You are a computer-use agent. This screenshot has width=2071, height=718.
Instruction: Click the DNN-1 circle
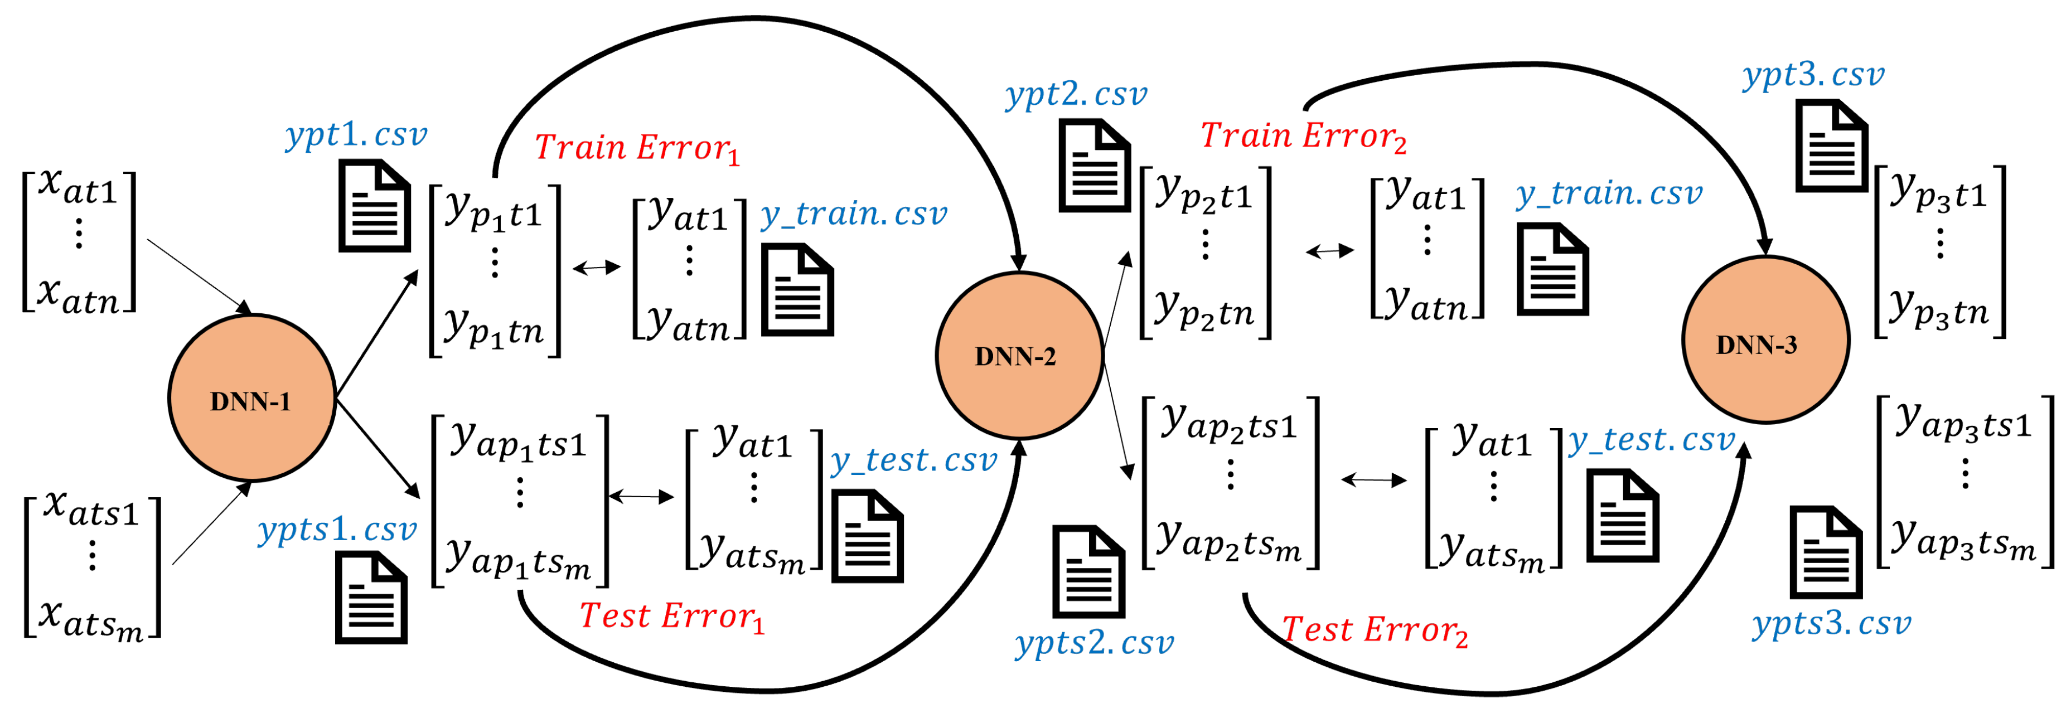click(x=251, y=399)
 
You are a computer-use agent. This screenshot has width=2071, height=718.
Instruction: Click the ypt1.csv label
click(x=356, y=135)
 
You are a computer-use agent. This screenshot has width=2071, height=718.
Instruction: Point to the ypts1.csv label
click(x=338, y=530)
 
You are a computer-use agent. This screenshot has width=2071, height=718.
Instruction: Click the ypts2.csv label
click(x=1094, y=643)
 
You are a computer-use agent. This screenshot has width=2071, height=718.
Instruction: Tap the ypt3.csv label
click(x=1813, y=75)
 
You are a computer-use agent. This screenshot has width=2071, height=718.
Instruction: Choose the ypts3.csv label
click(x=1831, y=624)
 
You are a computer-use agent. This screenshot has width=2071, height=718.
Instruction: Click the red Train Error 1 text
click(x=636, y=149)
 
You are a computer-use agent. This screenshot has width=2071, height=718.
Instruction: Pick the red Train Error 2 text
click(x=1303, y=137)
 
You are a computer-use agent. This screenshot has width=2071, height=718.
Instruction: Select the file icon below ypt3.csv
click(x=1831, y=147)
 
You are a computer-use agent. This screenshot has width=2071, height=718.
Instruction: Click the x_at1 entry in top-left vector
click(x=78, y=187)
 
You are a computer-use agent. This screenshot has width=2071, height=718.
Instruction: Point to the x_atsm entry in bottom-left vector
click(x=91, y=620)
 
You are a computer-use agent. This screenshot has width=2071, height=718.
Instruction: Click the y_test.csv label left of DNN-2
click(x=914, y=460)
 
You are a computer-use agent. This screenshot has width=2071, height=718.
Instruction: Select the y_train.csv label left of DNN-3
click(x=1609, y=194)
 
